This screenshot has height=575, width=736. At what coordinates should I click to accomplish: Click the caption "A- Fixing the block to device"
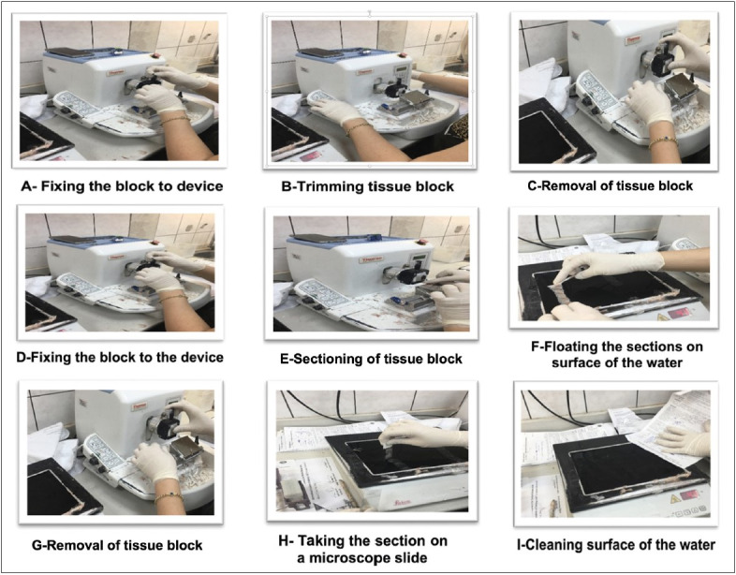click(x=122, y=185)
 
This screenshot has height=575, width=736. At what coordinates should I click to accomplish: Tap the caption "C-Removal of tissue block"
click(x=610, y=185)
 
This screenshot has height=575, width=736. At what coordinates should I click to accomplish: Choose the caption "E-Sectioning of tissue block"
click(x=366, y=359)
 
